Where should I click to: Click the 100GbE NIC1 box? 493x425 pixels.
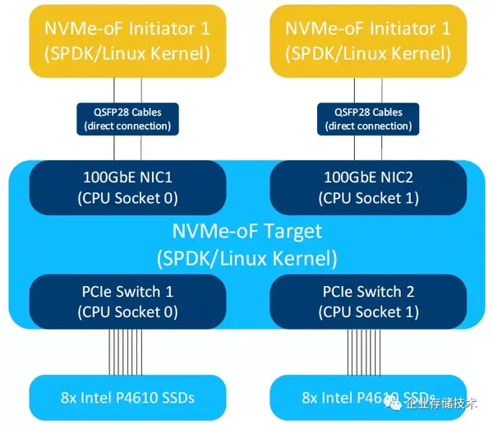[127, 187]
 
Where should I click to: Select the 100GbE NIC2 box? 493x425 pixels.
[367, 187]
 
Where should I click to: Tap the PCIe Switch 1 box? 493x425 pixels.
[127, 302]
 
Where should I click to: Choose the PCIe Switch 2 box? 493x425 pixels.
[367, 302]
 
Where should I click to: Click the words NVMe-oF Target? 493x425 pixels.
[246, 231]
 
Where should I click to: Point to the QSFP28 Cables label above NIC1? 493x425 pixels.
[127, 119]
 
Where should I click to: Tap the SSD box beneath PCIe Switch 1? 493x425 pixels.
[127, 397]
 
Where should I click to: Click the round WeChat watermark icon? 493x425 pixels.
[396, 404]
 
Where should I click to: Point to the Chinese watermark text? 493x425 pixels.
[444, 405]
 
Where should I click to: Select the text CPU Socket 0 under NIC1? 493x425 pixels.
[127, 198]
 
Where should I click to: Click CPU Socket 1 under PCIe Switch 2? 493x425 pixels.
[367, 312]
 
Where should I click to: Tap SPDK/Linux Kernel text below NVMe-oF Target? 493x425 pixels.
[246, 257]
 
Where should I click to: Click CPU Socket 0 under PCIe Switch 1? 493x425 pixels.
[127, 312]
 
